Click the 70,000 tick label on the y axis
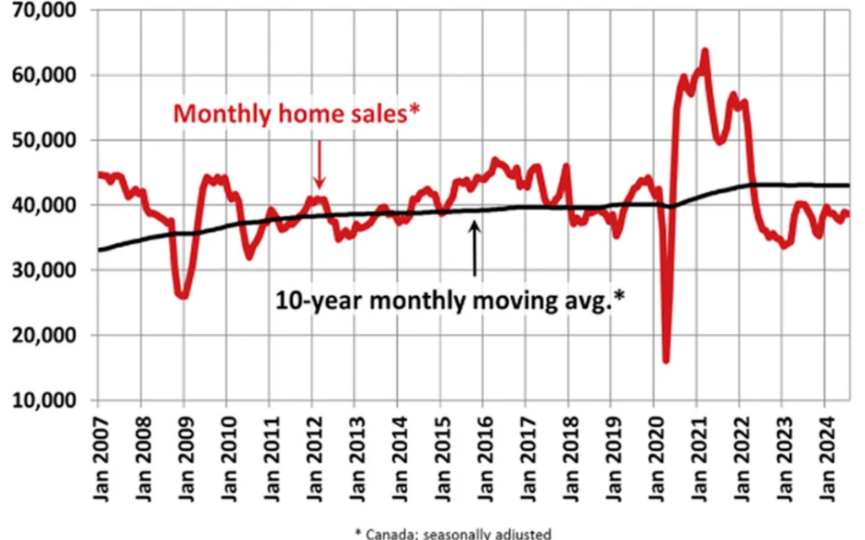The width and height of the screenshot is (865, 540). (x=47, y=11)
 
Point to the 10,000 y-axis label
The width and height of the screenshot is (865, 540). (x=47, y=400)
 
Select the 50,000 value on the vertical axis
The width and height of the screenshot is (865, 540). (x=47, y=140)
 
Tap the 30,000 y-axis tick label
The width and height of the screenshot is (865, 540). (x=47, y=270)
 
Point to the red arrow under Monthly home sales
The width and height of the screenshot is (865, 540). (x=319, y=163)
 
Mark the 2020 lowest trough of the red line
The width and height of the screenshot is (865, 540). (x=666, y=360)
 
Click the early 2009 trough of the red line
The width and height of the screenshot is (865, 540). (x=182, y=296)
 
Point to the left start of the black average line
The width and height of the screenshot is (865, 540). (x=100, y=250)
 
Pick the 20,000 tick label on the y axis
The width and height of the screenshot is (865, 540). (x=47, y=335)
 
